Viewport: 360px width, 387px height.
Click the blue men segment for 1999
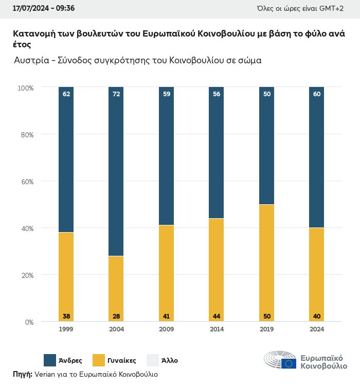(x=66, y=160)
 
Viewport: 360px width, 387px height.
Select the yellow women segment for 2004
(x=116, y=288)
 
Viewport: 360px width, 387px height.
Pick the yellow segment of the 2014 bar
(x=216, y=270)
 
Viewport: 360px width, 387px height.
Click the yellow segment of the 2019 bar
(x=266, y=262)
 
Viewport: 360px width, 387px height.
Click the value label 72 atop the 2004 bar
(x=116, y=94)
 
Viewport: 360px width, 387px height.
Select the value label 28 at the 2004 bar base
(x=116, y=316)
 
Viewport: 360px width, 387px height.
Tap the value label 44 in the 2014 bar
(x=216, y=316)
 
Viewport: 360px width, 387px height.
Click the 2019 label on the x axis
(x=266, y=329)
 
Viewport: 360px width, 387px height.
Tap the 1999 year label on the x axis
(x=66, y=329)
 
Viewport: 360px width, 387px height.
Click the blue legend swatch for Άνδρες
(x=50, y=360)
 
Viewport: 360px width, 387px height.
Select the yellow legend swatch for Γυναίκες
(x=99, y=360)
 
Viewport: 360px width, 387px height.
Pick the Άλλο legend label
(x=170, y=360)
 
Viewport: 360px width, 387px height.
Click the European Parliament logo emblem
(x=280, y=360)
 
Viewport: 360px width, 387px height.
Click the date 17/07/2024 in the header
(x=29, y=9)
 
